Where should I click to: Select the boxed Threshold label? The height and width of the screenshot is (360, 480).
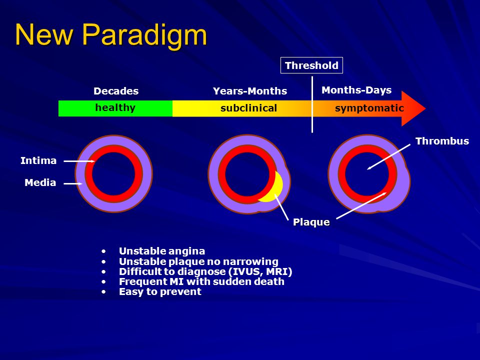[x=311, y=65]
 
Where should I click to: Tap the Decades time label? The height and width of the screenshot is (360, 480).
[x=116, y=91]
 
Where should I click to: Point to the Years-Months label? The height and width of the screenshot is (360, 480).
[x=250, y=91]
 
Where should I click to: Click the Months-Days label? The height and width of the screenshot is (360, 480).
[x=356, y=90]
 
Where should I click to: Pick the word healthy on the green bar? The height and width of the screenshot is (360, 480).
[x=115, y=108]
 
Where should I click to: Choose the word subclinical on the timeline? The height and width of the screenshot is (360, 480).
[x=248, y=108]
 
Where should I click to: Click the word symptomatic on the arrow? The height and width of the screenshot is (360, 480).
[x=369, y=108]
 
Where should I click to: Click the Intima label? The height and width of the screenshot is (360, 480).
[x=38, y=160]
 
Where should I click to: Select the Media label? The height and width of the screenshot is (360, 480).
[x=40, y=183]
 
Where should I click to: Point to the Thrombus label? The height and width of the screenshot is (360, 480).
[x=442, y=141]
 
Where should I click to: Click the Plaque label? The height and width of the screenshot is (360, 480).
[x=311, y=222]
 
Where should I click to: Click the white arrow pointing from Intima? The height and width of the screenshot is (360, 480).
[x=79, y=161]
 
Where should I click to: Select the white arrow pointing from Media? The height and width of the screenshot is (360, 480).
[x=73, y=183]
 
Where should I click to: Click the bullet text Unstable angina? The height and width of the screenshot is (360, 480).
[x=162, y=251]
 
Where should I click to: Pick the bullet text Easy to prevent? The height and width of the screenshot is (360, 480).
[x=160, y=291]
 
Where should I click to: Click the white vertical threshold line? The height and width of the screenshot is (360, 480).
[x=312, y=104]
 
